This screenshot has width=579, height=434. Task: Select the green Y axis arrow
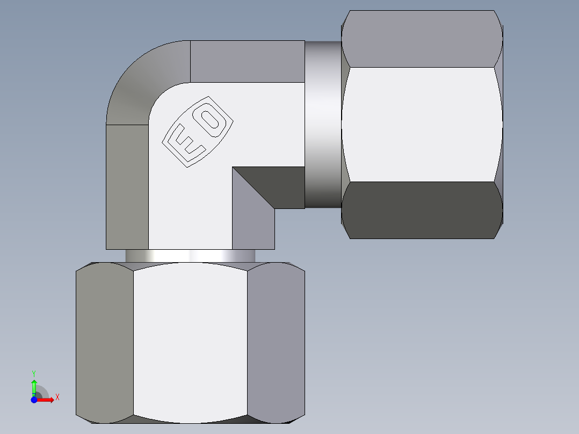(34, 386)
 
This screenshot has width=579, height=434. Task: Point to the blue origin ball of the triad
(34, 399)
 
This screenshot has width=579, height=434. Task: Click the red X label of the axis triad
(57, 397)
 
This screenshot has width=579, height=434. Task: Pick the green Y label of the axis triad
(34, 373)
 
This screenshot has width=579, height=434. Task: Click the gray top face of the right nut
(423, 39)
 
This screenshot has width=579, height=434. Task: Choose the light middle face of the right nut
(423, 124)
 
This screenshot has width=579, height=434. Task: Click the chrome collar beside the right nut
(323, 125)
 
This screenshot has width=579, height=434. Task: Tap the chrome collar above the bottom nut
(190, 256)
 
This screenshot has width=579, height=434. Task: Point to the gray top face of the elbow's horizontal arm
(247, 61)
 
